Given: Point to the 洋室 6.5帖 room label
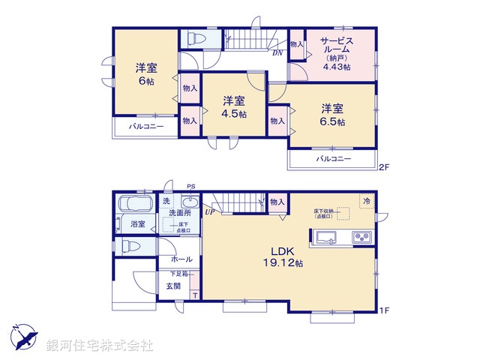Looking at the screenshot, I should (x=330, y=113).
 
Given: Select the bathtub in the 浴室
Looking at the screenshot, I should (x=136, y=204).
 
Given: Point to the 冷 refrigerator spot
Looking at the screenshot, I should (x=367, y=202).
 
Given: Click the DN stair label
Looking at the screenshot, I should (x=277, y=52).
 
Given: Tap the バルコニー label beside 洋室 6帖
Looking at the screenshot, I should (x=145, y=126).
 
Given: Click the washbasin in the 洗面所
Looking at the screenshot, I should (x=189, y=202).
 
